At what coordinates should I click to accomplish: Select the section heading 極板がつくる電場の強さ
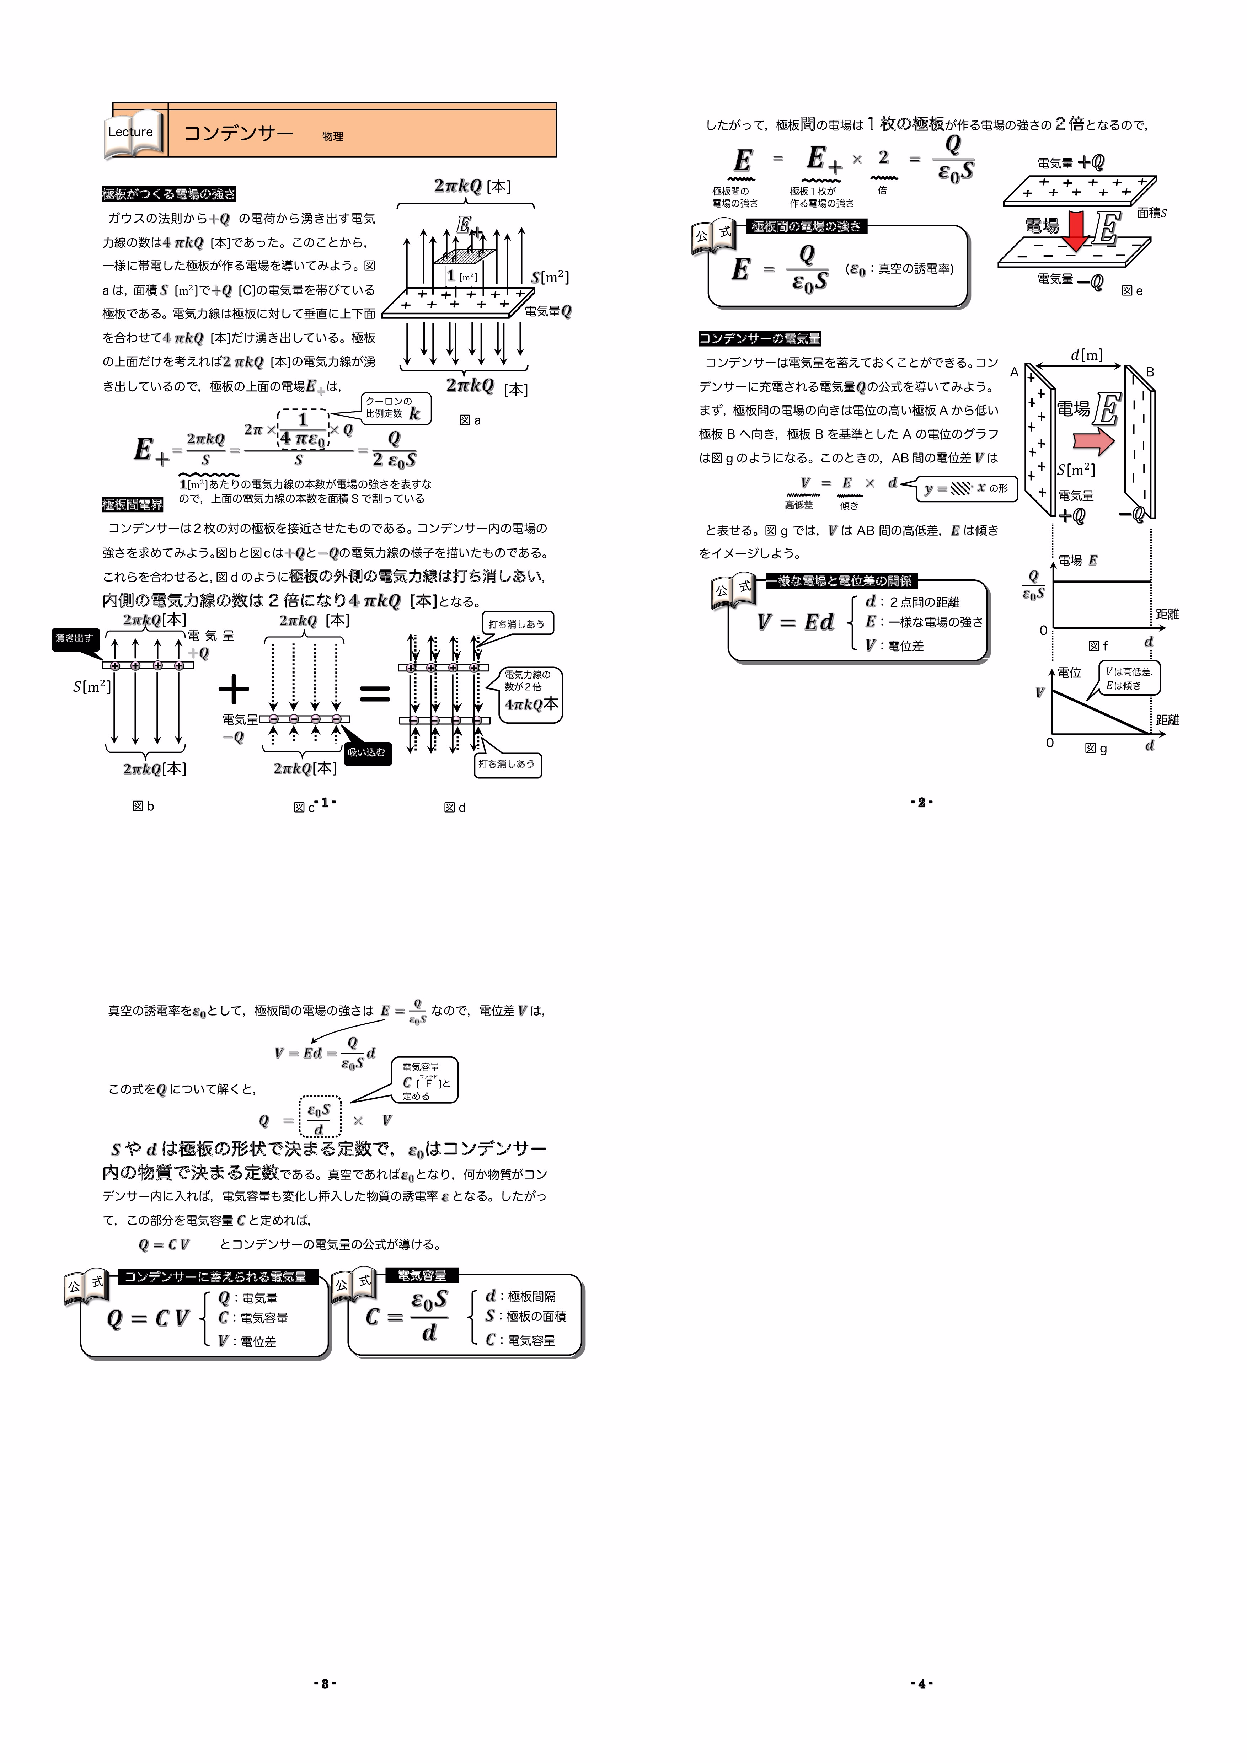(169, 193)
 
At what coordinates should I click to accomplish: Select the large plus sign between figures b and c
(234, 689)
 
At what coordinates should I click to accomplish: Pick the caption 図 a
(469, 420)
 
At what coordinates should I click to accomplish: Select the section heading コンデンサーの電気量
(759, 339)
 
